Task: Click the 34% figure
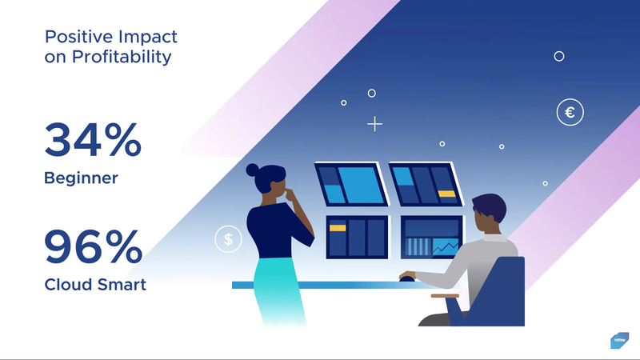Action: point(93,139)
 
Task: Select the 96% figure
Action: point(94,246)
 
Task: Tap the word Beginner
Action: point(82,178)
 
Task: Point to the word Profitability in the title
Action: point(122,57)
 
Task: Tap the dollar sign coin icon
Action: point(228,238)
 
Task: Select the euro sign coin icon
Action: point(570,112)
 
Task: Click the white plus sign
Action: point(374,124)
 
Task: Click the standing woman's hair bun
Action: point(252,170)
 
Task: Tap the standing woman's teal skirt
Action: point(278,290)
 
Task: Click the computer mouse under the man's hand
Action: point(406,278)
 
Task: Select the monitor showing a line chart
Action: point(432,237)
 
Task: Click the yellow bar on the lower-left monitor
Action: point(338,228)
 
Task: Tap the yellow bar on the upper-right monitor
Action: point(446,194)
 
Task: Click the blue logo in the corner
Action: point(619,341)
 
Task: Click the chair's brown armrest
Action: point(445,296)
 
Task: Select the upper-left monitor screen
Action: point(351,184)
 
